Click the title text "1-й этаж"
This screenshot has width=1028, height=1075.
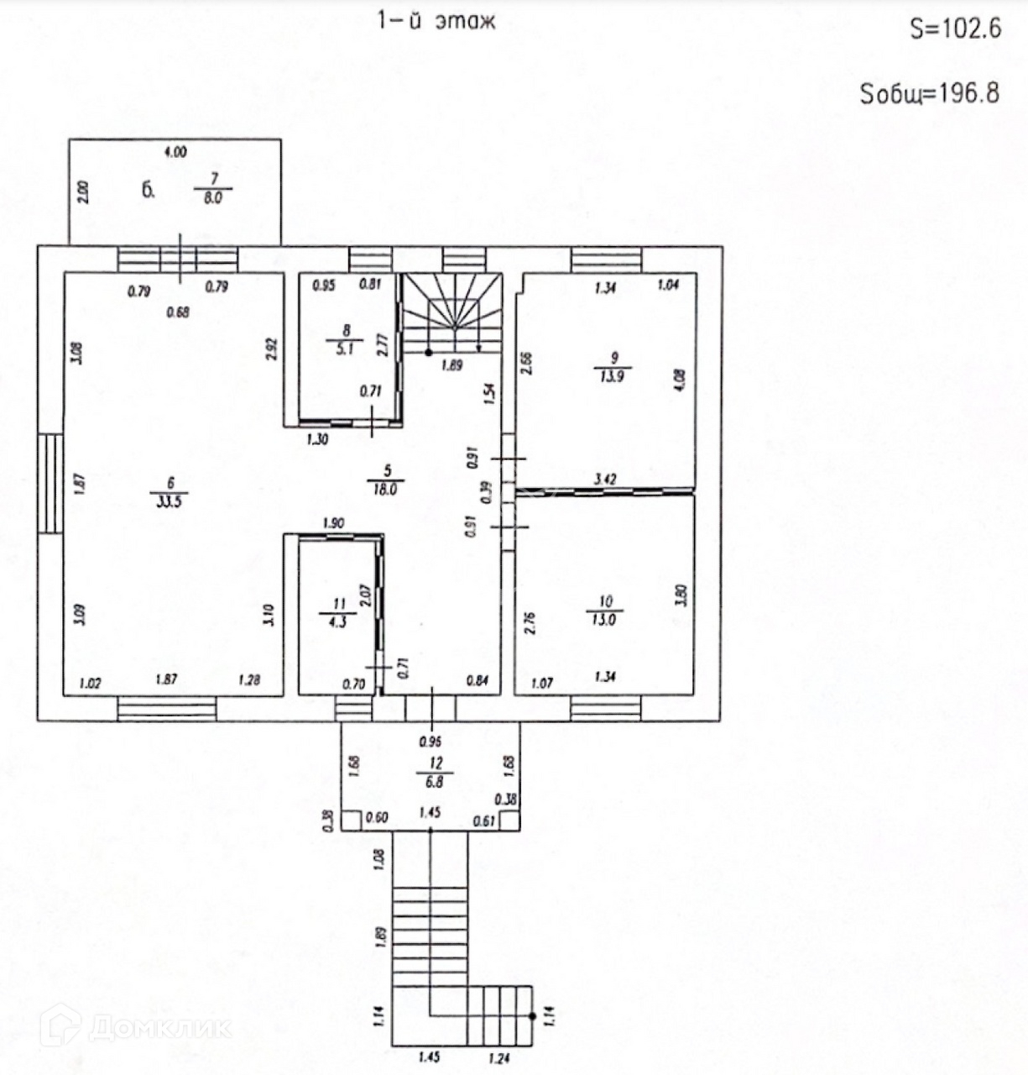pyautogui.click(x=436, y=22)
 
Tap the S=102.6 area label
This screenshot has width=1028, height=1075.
pyautogui.click(x=955, y=29)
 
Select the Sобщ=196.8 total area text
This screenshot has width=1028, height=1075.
pyautogui.click(x=930, y=93)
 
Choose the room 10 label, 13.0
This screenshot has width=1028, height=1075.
pyautogui.click(x=606, y=611)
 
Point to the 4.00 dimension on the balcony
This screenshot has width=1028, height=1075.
pyautogui.click(x=175, y=152)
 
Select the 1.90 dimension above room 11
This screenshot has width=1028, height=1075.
pyautogui.click(x=333, y=523)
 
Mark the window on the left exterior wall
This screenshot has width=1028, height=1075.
pyautogui.click(x=50, y=483)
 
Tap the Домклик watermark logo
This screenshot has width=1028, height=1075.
pyautogui.click(x=134, y=1026)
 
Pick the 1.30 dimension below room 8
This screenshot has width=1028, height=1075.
pyautogui.click(x=316, y=438)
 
